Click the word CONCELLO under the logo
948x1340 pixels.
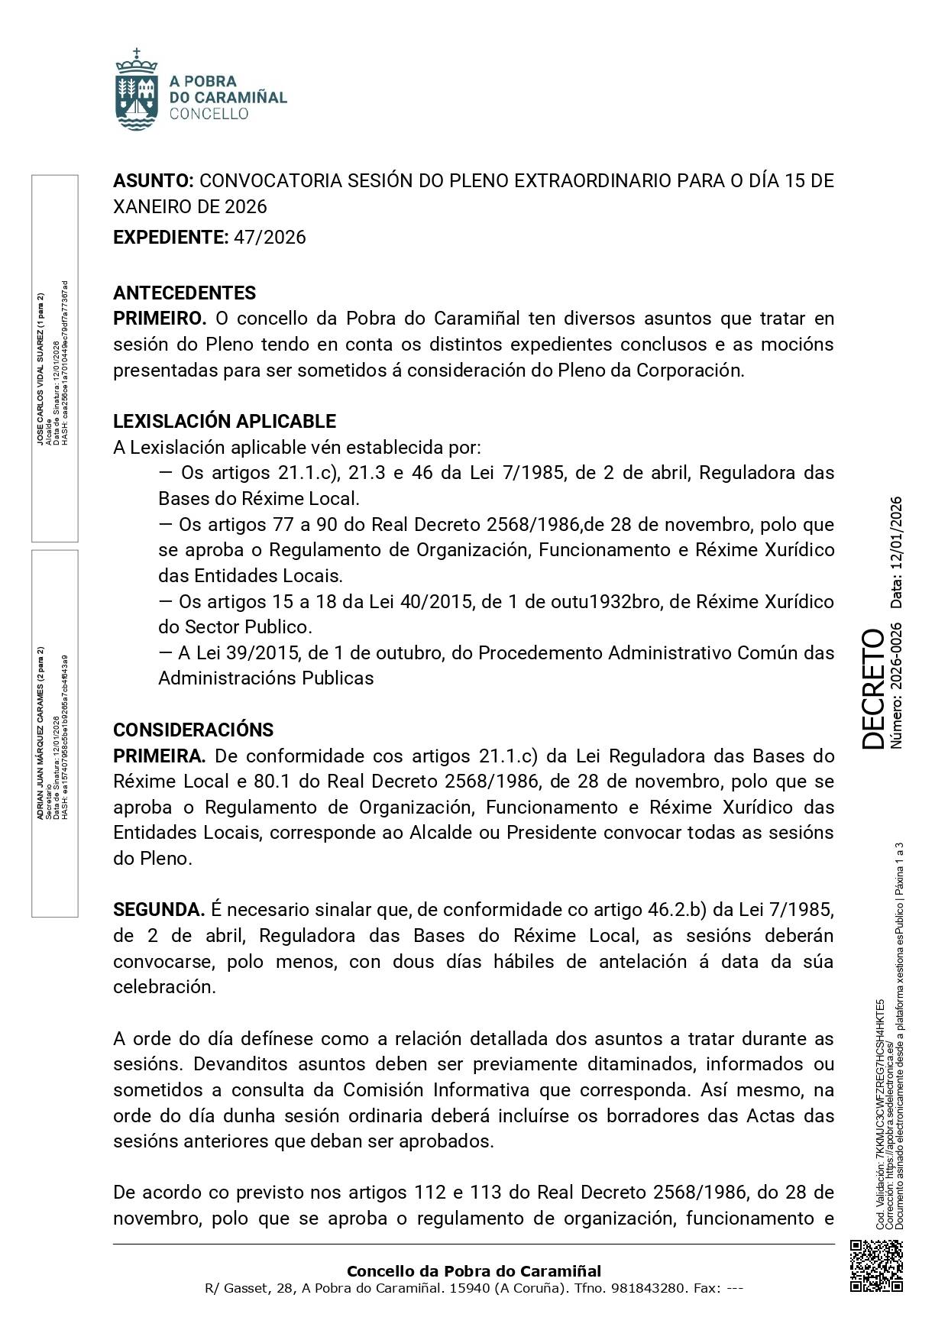tap(209, 114)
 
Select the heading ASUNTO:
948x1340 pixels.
tap(154, 181)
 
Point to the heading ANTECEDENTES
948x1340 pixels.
tap(184, 293)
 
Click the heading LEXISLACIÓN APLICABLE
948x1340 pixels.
tap(224, 421)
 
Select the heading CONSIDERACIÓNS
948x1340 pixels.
tap(193, 730)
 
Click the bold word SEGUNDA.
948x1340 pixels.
tap(158, 910)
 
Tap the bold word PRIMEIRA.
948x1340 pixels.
tap(159, 756)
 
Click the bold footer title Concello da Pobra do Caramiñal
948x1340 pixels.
tap(474, 1271)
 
